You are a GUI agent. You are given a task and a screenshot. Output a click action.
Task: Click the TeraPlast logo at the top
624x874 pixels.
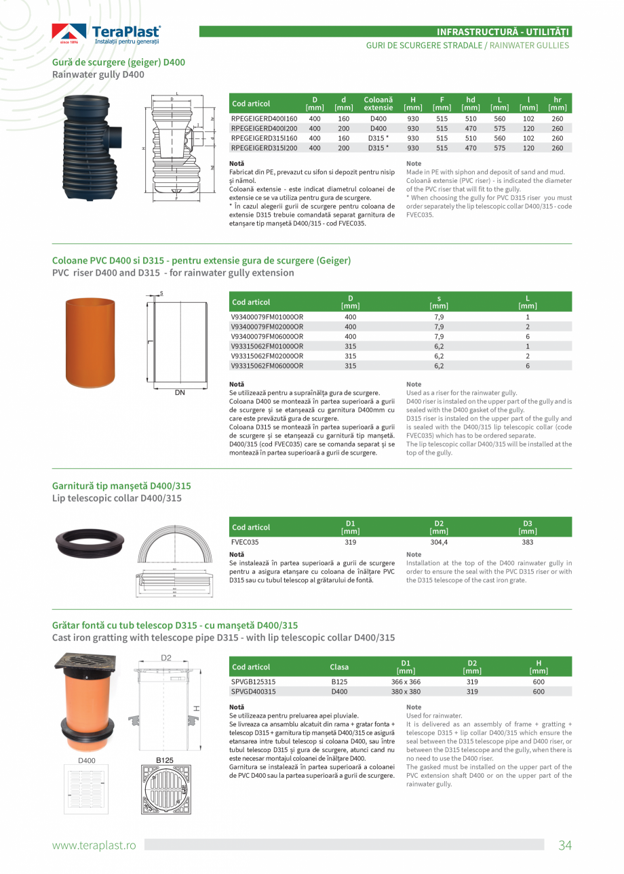106,34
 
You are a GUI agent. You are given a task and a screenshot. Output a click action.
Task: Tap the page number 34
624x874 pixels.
565,845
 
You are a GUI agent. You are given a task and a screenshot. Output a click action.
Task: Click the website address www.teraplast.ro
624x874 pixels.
94,845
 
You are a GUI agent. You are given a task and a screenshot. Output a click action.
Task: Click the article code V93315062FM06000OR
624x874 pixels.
267,366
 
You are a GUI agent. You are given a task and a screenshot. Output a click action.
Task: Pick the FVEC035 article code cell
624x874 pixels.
245,542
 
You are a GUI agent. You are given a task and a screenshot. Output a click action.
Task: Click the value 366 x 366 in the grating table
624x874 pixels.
406,682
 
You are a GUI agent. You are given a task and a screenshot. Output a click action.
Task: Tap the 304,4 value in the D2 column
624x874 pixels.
439,542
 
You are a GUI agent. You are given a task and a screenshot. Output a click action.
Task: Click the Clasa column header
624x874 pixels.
339,667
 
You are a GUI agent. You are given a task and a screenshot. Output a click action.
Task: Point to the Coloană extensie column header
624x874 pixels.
378,104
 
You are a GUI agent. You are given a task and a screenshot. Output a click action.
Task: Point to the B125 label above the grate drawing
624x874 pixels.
165,760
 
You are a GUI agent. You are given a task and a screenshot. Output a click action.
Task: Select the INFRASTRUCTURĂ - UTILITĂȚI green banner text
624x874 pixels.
503,31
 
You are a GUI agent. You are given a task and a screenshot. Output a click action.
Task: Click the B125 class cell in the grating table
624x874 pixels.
339,682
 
